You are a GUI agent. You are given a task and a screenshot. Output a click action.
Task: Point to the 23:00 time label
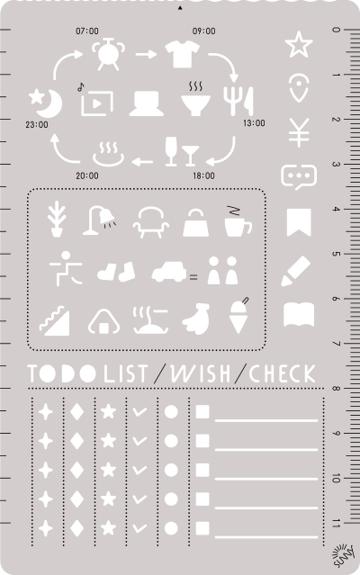(38, 124)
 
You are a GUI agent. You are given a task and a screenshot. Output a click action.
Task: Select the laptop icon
(146, 104)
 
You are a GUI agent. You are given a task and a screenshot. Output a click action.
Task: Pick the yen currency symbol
(298, 133)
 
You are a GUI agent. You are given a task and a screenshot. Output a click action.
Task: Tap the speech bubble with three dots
(298, 176)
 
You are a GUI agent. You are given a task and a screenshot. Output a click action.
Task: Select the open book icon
(299, 315)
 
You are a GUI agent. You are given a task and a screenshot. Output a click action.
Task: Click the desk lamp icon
(98, 220)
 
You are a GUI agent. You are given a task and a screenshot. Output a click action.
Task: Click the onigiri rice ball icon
(103, 320)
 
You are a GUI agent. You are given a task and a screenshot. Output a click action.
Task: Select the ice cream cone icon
(238, 316)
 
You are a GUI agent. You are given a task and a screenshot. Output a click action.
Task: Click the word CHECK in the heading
(283, 373)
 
